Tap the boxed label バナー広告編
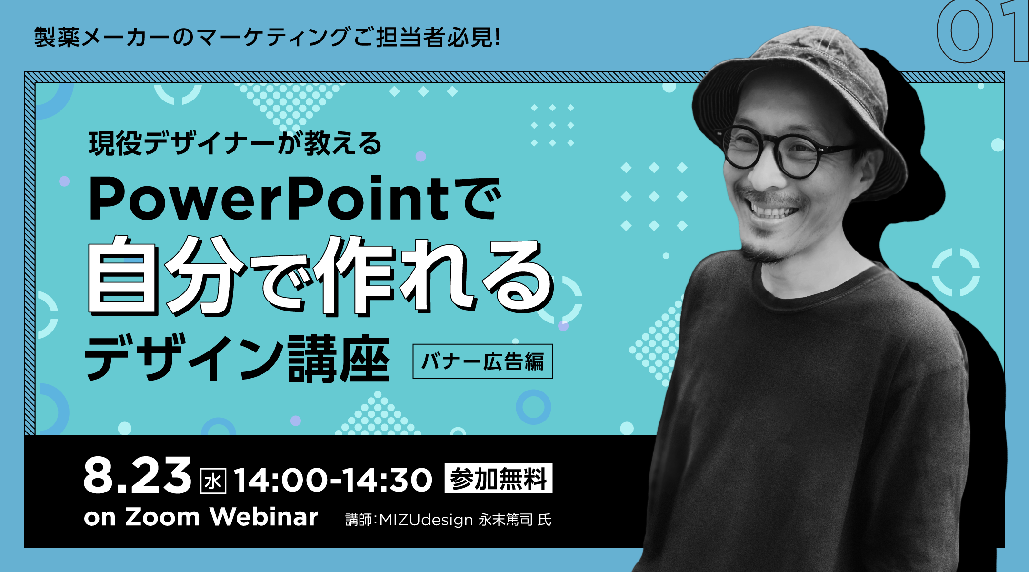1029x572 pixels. point(482,361)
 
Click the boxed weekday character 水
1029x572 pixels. point(213,482)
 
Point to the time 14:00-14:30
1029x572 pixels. point(333,480)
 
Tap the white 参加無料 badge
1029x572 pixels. point(498,478)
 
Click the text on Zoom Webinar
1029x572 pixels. point(201,517)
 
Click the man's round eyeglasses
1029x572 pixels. point(781,151)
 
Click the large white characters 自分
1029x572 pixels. point(167,275)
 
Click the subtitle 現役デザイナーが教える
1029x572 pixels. point(235,143)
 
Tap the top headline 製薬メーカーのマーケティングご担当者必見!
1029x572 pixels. point(267,37)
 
